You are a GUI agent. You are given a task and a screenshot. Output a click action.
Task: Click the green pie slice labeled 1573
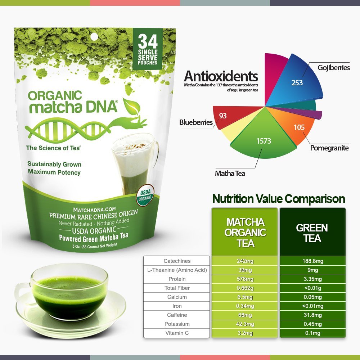(264, 138)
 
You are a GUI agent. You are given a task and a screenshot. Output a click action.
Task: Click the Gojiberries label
(334, 68)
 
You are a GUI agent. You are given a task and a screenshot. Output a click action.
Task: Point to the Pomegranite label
(329, 148)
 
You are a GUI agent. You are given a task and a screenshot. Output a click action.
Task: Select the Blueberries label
(196, 122)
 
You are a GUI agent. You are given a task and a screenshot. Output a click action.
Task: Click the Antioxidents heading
(221, 76)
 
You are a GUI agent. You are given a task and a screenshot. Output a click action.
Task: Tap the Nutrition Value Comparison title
(279, 199)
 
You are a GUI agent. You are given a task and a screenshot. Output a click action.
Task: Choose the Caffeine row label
(177, 315)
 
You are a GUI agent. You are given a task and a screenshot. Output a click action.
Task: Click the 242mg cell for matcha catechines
(245, 261)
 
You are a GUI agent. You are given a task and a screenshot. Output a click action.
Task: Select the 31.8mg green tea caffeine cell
(312, 315)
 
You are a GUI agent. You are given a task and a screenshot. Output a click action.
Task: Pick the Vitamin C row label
(177, 333)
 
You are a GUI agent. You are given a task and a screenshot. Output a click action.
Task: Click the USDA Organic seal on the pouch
(145, 195)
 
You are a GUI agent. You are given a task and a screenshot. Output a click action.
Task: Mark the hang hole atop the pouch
(94, 37)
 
